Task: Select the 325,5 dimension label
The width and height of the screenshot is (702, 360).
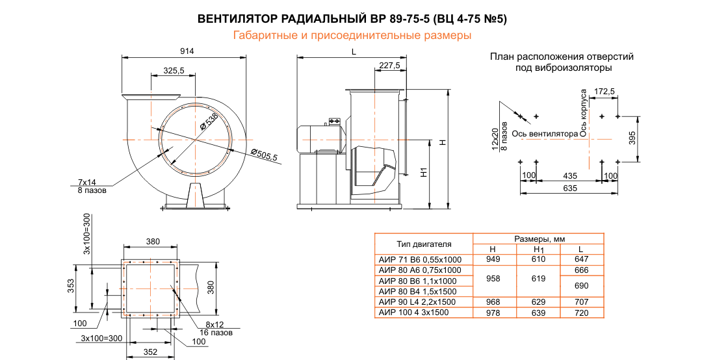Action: click(174, 70)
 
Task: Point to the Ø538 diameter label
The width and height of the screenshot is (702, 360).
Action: click(209, 122)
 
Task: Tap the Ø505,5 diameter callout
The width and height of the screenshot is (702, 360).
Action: click(265, 155)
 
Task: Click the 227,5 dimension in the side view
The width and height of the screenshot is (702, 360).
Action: click(389, 65)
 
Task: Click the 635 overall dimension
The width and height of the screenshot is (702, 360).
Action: click(569, 188)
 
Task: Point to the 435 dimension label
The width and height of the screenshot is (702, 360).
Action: click(569, 176)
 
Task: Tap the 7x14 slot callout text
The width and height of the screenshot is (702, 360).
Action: click(87, 183)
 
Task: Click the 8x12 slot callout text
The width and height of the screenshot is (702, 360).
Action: click(214, 324)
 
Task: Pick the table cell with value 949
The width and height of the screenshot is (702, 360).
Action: click(493, 259)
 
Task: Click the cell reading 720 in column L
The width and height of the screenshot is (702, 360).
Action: click(581, 313)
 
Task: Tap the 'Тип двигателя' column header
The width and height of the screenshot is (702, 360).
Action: click(424, 244)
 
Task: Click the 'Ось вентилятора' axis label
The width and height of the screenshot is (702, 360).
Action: click(545, 134)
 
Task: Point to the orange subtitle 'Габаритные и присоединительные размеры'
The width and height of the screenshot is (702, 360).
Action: click(352, 36)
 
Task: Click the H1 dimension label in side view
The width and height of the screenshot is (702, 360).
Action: click(423, 173)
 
